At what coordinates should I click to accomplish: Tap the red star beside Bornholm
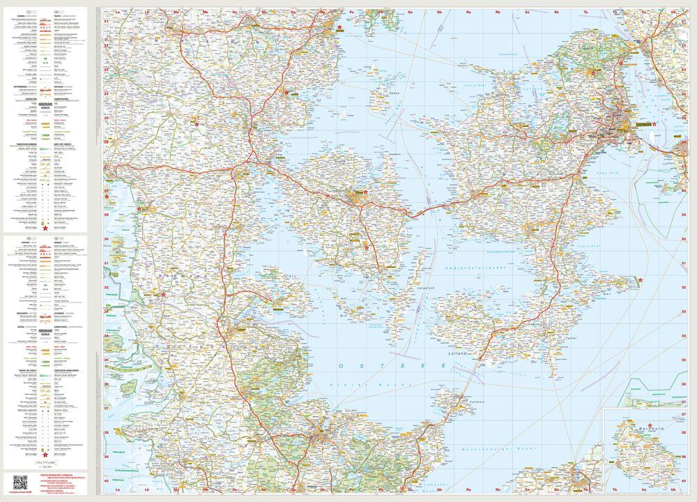pos(650,427)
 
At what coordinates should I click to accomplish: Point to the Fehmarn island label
pos(459,402)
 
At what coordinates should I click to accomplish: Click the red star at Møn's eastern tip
pos(640,280)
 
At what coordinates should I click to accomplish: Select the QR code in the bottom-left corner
pos(20,482)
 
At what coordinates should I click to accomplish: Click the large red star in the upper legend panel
pos(45,228)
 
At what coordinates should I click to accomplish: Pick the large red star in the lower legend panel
pos(45,455)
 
